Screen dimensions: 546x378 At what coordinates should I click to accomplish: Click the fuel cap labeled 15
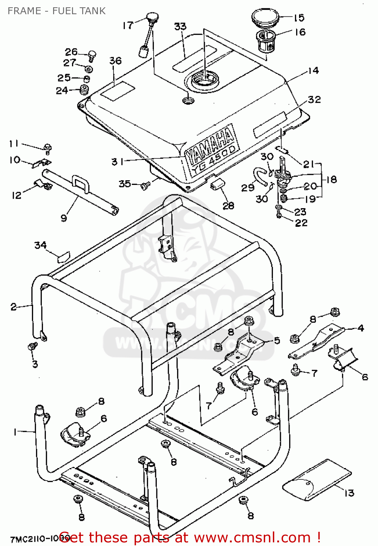(265, 17)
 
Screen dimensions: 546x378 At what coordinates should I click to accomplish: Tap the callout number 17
(128, 25)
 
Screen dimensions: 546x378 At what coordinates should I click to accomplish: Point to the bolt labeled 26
(92, 55)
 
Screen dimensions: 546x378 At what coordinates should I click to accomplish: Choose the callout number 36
(115, 60)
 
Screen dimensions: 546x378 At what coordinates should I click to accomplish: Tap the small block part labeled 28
(217, 184)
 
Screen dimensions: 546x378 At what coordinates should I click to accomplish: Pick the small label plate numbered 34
(63, 257)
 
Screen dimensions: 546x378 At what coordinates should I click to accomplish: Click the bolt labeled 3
(33, 346)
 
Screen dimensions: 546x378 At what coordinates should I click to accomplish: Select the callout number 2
(13, 306)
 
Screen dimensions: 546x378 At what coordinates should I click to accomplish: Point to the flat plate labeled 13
(317, 479)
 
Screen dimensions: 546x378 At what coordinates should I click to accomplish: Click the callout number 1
(15, 432)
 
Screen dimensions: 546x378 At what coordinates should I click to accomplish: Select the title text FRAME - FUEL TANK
(56, 11)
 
